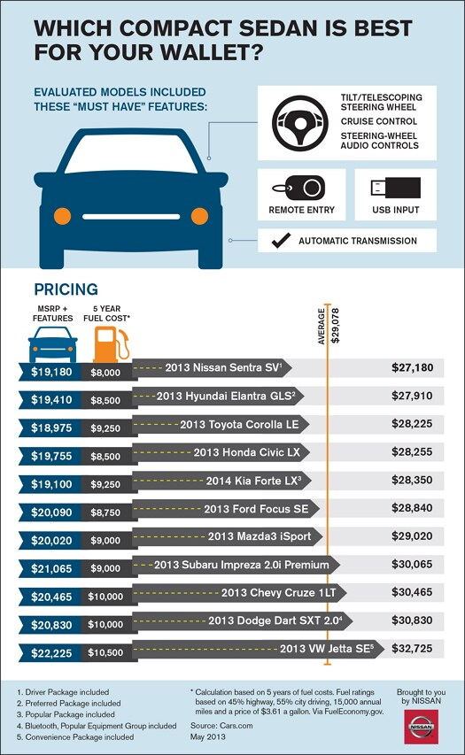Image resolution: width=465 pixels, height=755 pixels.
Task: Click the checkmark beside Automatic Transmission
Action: click(x=282, y=240)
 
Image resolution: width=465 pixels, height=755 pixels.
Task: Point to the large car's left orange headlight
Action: click(x=62, y=215)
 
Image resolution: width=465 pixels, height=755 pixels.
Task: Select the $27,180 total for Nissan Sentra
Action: click(x=412, y=366)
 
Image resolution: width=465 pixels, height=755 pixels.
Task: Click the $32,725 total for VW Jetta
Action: click(x=412, y=649)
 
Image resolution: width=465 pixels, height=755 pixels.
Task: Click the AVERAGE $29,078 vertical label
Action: click(x=329, y=325)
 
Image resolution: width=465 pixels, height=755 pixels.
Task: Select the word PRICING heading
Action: click(x=66, y=289)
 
